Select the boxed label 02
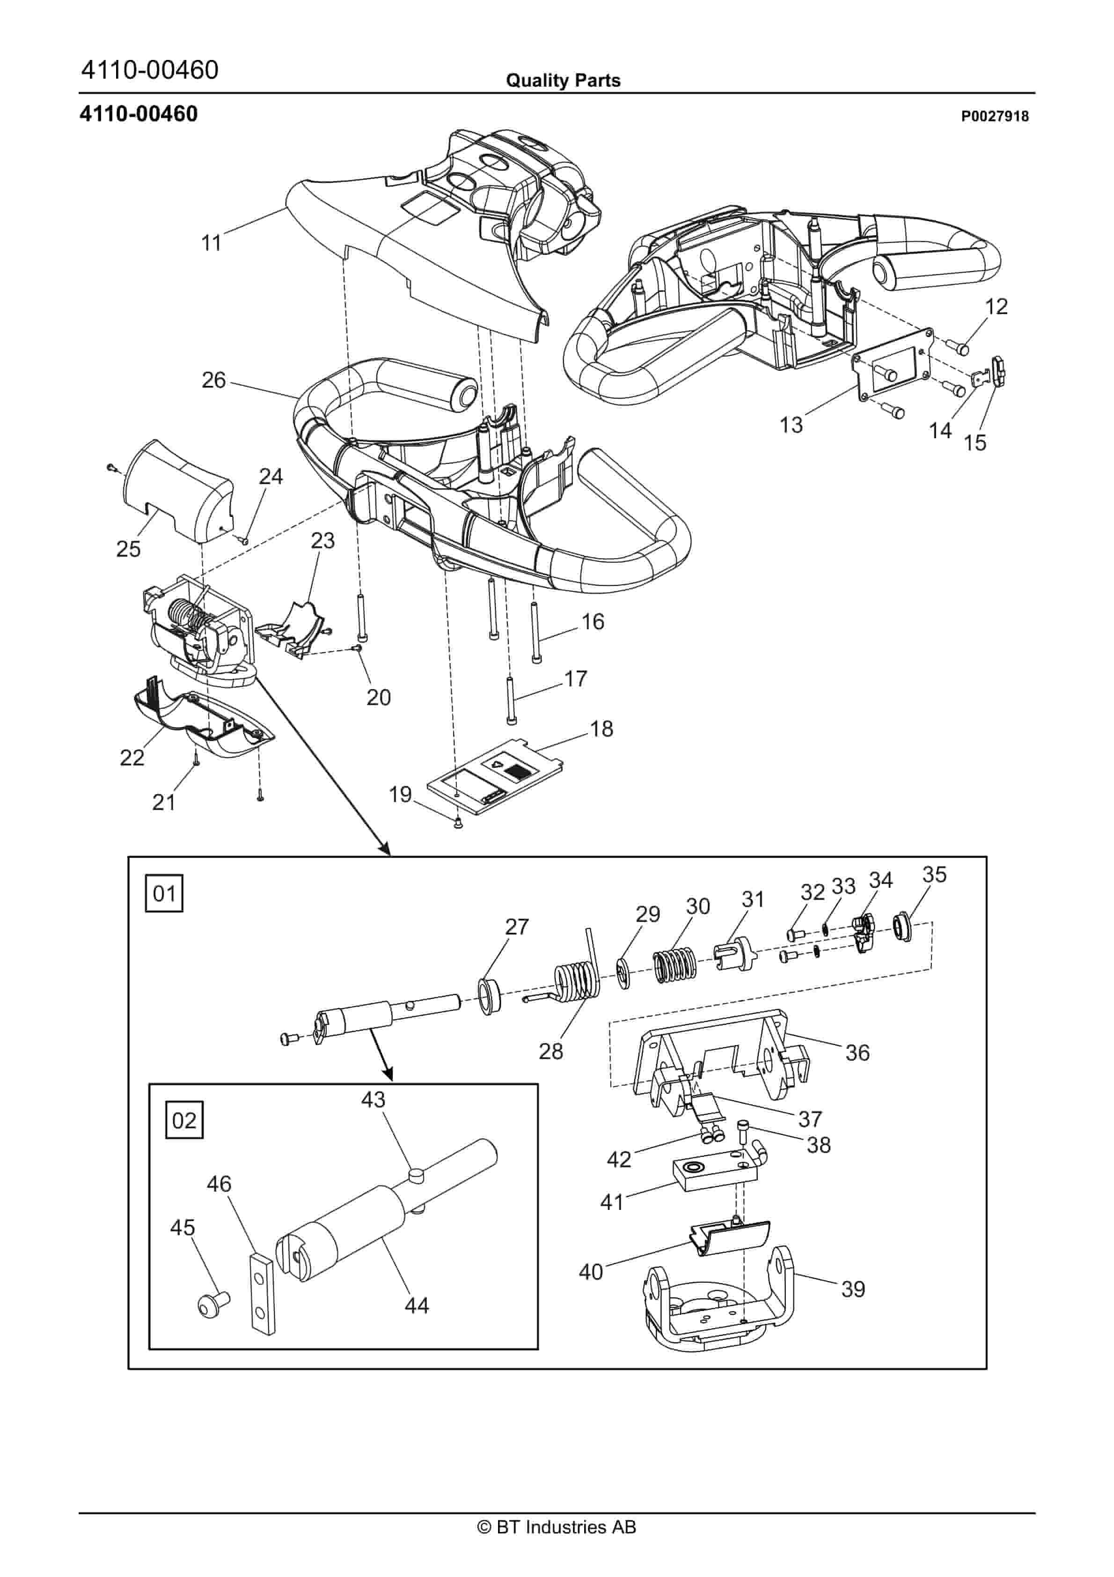(x=184, y=1120)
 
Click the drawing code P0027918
(x=995, y=116)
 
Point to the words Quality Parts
(x=563, y=81)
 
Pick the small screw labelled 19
(x=458, y=824)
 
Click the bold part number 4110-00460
(x=139, y=114)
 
